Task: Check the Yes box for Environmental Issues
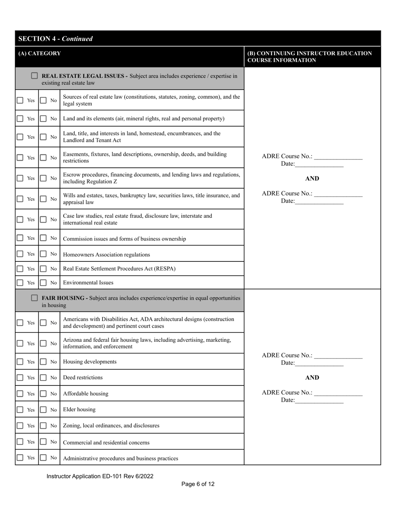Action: coord(20,282)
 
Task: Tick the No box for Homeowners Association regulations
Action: coord(43,254)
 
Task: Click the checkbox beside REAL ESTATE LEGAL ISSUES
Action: coord(34,76)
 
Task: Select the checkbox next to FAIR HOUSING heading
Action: coord(34,298)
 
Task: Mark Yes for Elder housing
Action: coord(20,410)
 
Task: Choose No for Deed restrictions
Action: coord(43,378)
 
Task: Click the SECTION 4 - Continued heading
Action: coord(55,39)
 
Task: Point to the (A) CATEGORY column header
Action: coord(40,53)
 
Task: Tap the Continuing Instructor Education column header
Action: coord(309,57)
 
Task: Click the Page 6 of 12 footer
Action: coord(198,484)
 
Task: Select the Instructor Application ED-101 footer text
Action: coord(100,476)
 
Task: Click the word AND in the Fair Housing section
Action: coord(312,378)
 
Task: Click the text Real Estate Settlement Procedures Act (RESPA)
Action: coord(119,268)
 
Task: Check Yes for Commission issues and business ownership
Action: coord(20,238)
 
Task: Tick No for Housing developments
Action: coord(43,362)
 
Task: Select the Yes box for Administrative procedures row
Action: coord(20,457)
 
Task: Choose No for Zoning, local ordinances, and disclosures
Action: coord(43,425)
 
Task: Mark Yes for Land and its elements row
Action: coord(20,118)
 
